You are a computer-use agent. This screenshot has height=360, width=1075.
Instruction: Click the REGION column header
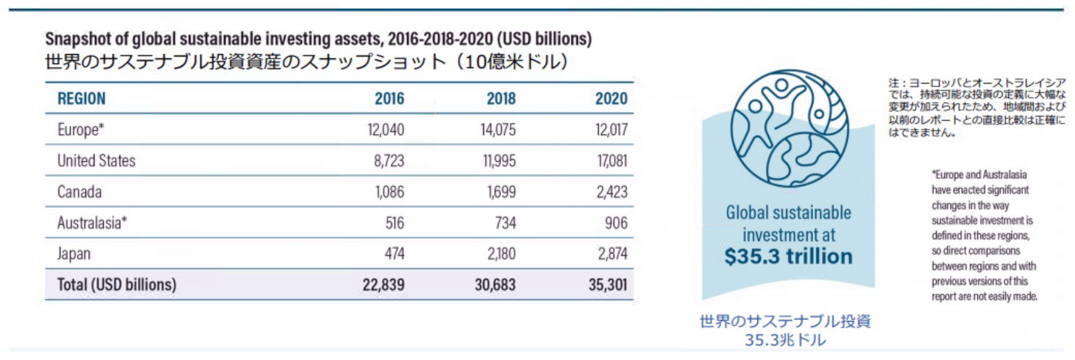tap(81, 99)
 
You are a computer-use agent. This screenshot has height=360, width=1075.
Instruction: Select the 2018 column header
tap(500, 99)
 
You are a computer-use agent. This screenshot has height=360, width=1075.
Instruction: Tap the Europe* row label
tap(81, 130)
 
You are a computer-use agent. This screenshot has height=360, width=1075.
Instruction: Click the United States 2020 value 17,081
tap(612, 160)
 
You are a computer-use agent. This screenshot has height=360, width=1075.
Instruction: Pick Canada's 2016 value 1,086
tap(389, 191)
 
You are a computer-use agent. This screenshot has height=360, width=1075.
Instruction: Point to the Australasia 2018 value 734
tap(505, 223)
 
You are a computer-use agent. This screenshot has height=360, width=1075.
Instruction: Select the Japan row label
tap(74, 254)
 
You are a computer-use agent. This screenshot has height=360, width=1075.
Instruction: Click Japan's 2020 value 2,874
tap(612, 254)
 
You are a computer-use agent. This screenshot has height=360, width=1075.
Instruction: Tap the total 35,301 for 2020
tap(607, 284)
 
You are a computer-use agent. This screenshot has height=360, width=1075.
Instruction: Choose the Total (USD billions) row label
tap(116, 284)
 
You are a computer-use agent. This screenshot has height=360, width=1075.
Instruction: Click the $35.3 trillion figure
tap(788, 257)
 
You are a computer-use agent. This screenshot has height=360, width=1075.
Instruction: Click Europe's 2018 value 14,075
tap(498, 130)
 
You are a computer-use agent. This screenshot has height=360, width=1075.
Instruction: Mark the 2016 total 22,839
tap(383, 284)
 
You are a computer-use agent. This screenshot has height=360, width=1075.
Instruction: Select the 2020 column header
tap(611, 99)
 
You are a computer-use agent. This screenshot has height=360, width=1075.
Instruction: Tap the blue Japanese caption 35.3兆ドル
tap(785, 340)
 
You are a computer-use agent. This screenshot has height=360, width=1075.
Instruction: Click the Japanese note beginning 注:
tap(977, 108)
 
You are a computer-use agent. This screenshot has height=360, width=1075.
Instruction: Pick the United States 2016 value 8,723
tap(389, 160)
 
